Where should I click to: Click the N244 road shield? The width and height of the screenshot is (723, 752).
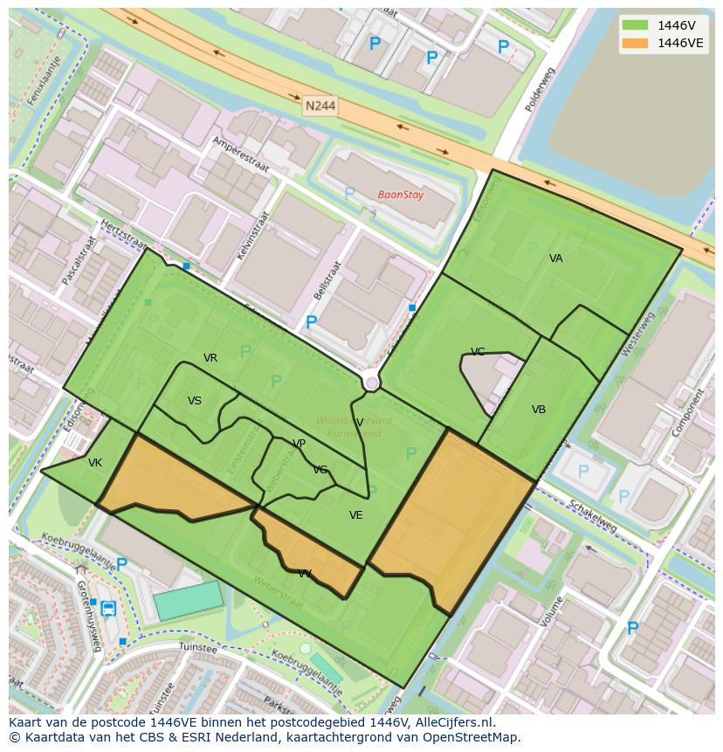(320, 106)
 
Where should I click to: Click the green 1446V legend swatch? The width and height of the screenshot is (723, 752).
(635, 24)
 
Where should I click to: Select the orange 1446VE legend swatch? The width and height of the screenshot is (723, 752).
(635, 43)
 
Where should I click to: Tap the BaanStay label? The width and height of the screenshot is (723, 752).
(400, 195)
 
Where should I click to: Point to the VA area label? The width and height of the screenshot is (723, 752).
(556, 259)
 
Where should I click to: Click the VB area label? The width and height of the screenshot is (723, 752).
(539, 410)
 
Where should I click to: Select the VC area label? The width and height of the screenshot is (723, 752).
(478, 352)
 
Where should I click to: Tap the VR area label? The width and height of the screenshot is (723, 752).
(210, 358)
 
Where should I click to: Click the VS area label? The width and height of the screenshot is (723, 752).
(195, 401)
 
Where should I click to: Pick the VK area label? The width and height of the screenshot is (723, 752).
(95, 463)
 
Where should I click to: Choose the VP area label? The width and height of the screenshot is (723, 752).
(300, 444)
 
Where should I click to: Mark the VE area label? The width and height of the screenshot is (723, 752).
(355, 515)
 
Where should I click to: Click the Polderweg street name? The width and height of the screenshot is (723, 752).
(535, 91)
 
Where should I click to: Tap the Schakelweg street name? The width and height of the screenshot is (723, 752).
(592, 515)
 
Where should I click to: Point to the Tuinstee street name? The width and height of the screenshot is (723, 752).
(196, 648)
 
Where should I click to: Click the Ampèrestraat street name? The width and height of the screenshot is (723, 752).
(241, 155)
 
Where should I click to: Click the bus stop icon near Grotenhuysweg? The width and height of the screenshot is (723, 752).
(107, 608)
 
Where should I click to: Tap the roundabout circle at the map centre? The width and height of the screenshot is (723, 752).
(372, 383)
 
